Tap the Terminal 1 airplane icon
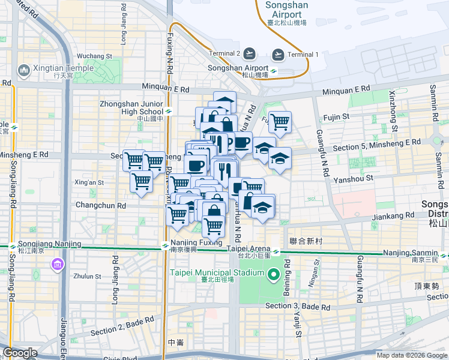(278, 55)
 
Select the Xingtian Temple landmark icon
(25, 71)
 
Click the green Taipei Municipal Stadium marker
(274, 275)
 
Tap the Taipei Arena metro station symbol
(275, 252)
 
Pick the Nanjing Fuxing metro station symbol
(166, 245)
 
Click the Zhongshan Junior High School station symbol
(170, 110)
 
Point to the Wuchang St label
(91, 56)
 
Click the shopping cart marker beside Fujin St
(280, 122)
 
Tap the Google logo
(20, 353)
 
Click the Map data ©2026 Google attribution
(411, 355)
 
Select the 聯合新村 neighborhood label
(306, 241)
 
